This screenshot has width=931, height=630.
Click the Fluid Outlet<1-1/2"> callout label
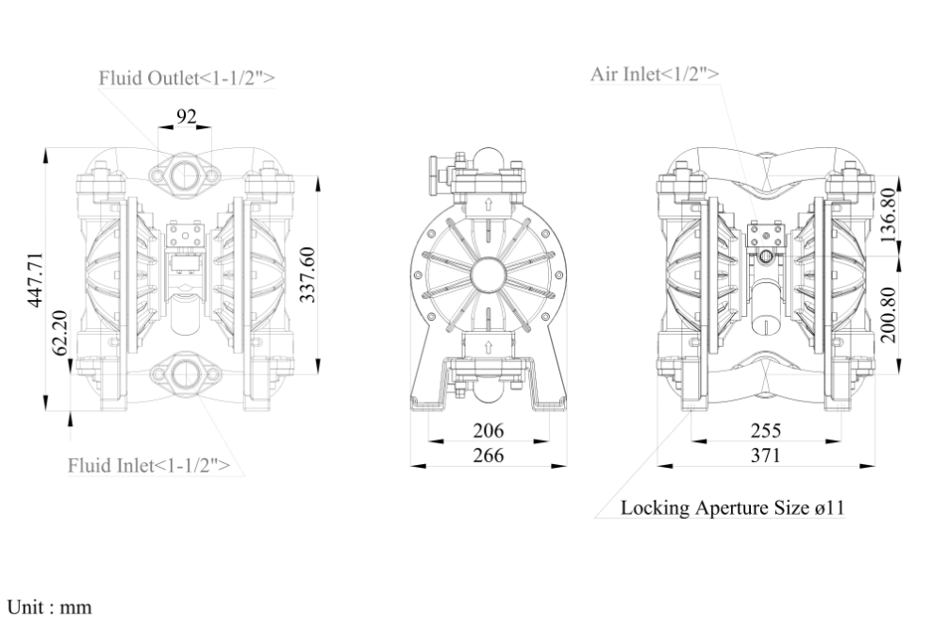187,78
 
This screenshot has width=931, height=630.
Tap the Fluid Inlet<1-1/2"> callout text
149,465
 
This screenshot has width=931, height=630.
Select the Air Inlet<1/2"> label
657,73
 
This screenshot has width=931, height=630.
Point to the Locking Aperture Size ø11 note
732,507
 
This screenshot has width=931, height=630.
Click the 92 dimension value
186,116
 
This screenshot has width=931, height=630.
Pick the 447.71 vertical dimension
36,279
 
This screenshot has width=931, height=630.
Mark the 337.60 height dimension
308,274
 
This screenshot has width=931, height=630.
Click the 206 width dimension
488,431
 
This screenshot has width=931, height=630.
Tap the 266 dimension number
488,456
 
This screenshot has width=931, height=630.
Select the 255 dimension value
765,431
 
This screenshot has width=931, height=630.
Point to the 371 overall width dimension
765,456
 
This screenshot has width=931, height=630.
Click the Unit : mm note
49,608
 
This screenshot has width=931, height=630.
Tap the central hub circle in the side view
488,275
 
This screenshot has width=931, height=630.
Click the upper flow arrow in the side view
488,202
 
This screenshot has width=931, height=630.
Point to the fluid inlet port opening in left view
185,375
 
